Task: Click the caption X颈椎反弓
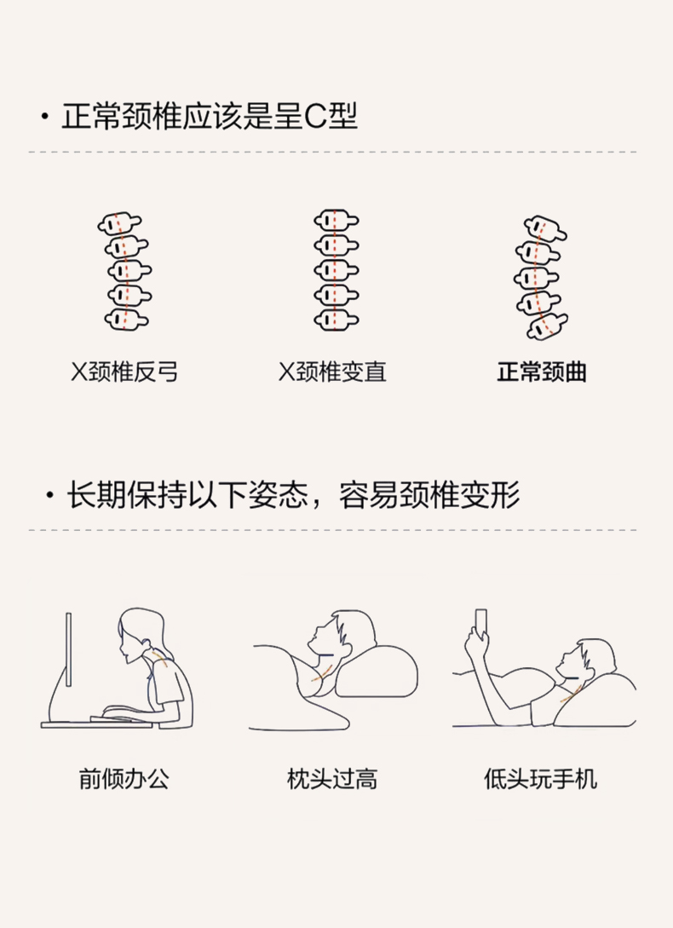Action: (x=124, y=372)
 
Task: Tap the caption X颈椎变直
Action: (x=332, y=372)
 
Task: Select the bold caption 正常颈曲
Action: (x=542, y=372)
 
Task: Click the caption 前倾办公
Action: (x=124, y=779)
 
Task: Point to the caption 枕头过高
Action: (x=332, y=779)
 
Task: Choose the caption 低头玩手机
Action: (x=540, y=779)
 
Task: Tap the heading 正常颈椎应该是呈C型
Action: (x=210, y=116)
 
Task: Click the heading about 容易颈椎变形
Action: (x=293, y=495)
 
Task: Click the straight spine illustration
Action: (x=336, y=270)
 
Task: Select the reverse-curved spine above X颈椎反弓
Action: (x=125, y=272)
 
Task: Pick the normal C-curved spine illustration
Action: (x=541, y=277)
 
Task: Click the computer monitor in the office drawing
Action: (x=69, y=650)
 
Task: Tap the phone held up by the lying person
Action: (x=481, y=621)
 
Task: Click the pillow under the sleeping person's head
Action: (x=377, y=671)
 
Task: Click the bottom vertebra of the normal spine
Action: (x=547, y=326)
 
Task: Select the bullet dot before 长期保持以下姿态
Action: (x=49, y=495)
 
